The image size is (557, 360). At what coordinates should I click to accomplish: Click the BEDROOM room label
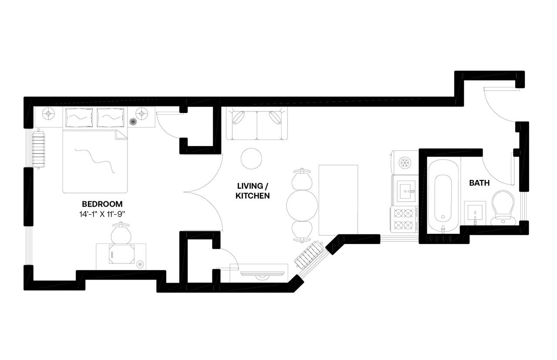pyautogui.click(x=102, y=203)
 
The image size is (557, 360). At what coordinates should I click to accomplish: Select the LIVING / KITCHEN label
pyautogui.click(x=252, y=191)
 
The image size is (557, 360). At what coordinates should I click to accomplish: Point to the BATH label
pyautogui.click(x=479, y=183)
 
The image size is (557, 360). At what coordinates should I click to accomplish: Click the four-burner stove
pyautogui.click(x=403, y=219)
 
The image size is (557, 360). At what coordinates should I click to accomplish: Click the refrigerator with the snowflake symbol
pyautogui.click(x=405, y=162)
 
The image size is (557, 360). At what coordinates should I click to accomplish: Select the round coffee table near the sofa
pyautogui.click(x=252, y=159)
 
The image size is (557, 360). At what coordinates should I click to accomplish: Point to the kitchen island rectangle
pyautogui.click(x=338, y=199)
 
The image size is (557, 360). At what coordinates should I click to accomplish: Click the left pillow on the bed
pyautogui.click(x=79, y=118)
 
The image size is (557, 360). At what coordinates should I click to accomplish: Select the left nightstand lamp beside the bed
pyautogui.click(x=49, y=114)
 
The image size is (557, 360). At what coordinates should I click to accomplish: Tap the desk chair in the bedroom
pyautogui.click(x=121, y=233)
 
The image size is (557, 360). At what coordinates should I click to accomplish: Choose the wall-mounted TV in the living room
pyautogui.click(x=262, y=273)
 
